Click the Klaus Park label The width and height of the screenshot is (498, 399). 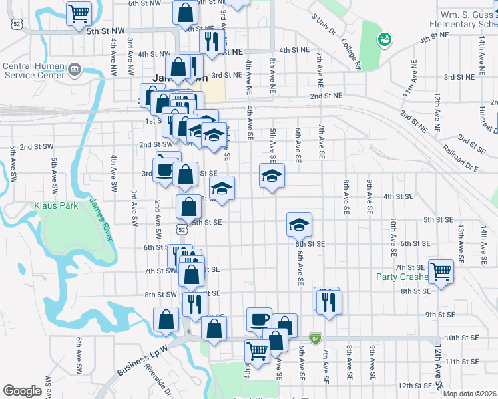click(56, 206)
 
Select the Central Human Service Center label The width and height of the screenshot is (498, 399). click(35, 70)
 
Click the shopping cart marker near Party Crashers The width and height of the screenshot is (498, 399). click(441, 271)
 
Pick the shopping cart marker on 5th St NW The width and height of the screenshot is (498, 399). click(79, 11)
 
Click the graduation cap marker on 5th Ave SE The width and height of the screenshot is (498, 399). click(272, 176)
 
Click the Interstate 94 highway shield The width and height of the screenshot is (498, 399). click(316, 338)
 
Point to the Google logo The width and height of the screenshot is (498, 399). click(22, 391)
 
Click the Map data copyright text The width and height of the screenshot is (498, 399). click(469, 393)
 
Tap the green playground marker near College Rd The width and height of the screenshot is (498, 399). click(384, 40)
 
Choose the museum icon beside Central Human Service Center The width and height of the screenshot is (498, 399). click(74, 69)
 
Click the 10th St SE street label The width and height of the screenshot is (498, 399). click(462, 338)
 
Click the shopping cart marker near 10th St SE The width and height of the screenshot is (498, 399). click(257, 350)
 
